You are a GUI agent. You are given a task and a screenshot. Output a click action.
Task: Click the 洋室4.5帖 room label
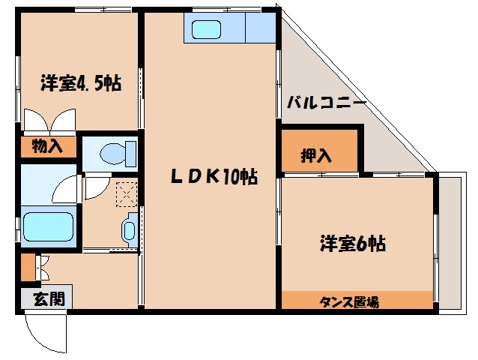[x=80, y=83]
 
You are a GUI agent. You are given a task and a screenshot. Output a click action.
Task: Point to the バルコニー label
[x=326, y=103]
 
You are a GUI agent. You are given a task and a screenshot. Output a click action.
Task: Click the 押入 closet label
[x=316, y=156]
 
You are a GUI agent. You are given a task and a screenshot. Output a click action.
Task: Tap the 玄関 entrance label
[x=47, y=298]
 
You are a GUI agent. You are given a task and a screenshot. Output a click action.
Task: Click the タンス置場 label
[x=349, y=302]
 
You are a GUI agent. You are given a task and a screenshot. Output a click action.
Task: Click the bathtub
[x=49, y=225]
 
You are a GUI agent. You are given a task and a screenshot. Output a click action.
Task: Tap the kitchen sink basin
[x=205, y=30]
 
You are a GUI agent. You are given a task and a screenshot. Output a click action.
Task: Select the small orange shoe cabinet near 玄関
[x=28, y=267]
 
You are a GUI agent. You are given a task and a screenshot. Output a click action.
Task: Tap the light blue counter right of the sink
[x=260, y=28]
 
